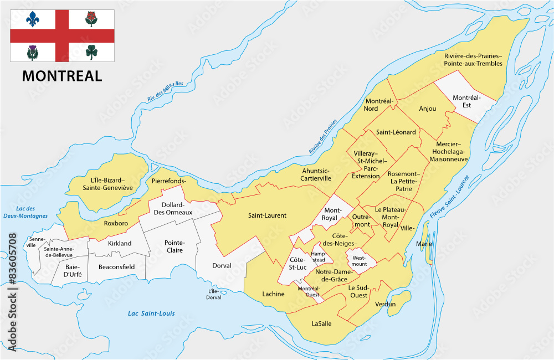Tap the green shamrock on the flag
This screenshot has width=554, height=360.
tap(91, 52)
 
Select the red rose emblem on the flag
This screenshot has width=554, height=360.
tap(91, 19)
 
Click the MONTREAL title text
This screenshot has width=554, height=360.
tap(62, 76)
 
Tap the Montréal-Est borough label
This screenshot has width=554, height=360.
tap(465, 102)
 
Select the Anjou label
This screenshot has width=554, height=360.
tap(428, 109)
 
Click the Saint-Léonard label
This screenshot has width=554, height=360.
tap(396, 132)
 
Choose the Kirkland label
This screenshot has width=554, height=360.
tap(120, 243)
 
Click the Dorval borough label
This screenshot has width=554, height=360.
tap(222, 266)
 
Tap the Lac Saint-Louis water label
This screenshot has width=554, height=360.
tap(151, 313)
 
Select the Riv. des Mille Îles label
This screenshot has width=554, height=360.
tap(165, 91)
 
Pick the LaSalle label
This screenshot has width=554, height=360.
tap(321, 323)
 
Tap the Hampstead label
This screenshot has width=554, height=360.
tap(319, 256)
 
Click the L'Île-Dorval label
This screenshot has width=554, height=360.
tap(213, 294)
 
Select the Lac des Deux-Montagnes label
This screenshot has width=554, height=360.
tap(24, 212)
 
